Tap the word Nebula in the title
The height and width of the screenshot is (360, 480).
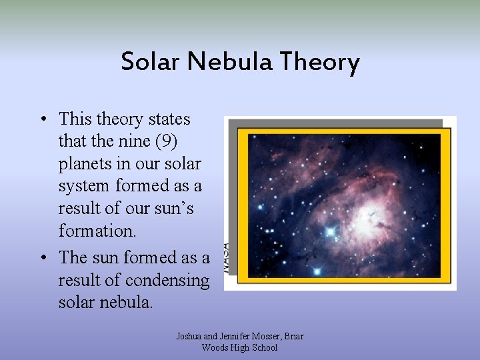coord(230,62)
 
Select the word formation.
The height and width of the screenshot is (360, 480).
coord(97,231)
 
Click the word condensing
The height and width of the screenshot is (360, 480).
coord(167,279)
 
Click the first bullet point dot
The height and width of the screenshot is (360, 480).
coord(42,120)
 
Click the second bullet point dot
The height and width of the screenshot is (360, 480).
coord(42,258)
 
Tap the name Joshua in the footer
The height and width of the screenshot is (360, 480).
coord(190,336)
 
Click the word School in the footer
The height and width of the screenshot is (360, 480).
coord(264,347)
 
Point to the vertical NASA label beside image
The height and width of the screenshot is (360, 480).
coord(227,257)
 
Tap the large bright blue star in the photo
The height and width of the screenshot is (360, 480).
coord(330,232)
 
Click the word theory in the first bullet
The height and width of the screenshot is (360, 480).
coord(119,119)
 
